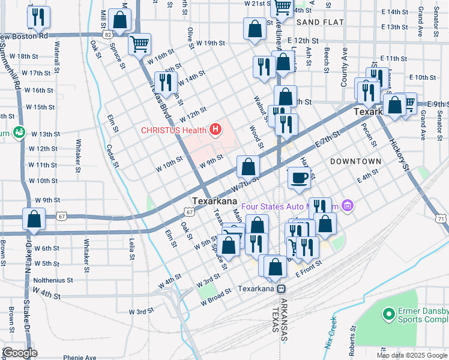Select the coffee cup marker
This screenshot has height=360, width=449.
click(x=299, y=178)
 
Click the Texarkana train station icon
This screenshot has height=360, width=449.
click(x=280, y=289)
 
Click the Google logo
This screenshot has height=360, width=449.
click(x=20, y=352)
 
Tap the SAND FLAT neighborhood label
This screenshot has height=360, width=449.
click(x=320, y=22)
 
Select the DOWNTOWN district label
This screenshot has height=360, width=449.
click(x=355, y=161)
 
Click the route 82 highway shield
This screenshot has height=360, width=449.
click(x=107, y=35)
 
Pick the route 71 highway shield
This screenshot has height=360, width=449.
click(x=441, y=220)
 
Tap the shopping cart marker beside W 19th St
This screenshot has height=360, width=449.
click(x=140, y=43)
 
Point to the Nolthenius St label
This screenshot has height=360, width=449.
click(x=52, y=280)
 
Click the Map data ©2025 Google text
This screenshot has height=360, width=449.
click(x=411, y=355)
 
